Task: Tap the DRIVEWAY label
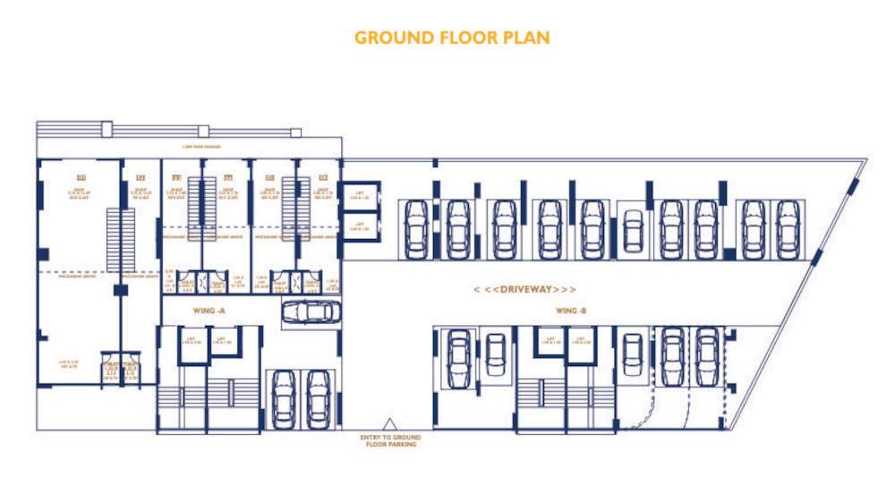coord(524,290)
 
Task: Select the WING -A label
coord(212,311)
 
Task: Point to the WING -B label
coord(571,311)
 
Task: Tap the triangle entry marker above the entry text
coord(388,423)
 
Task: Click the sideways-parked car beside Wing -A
coord(310,312)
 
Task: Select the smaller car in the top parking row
coord(633,232)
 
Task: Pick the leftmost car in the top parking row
coord(416,229)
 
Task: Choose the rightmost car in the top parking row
coord(787,229)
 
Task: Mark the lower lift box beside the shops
coord(361,227)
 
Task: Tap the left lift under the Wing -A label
coord(193,344)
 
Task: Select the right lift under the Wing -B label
coord(581,344)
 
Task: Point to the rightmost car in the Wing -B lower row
coord(707,354)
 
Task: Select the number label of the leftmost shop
coord(80,175)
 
